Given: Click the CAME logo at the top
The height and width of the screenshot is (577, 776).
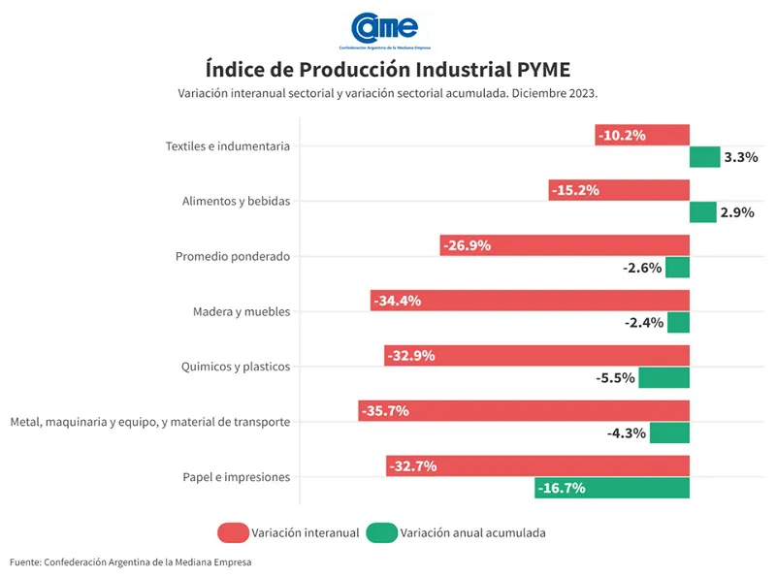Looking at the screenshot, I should point(385,29).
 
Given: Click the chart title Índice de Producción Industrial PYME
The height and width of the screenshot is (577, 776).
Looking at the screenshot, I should point(387,70).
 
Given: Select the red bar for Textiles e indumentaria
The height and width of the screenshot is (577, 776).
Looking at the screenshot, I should point(642,136).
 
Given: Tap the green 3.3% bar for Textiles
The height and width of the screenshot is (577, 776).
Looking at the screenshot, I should point(704,157).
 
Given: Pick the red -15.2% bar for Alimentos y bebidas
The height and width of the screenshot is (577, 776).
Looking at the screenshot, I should point(619,191).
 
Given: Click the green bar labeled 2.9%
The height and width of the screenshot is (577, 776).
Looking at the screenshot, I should point(702,212).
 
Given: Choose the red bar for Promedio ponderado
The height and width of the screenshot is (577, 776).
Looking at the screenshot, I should point(565,245).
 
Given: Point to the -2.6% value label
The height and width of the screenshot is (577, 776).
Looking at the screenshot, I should point(642,268).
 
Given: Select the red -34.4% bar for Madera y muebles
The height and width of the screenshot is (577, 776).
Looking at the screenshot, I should point(530,301).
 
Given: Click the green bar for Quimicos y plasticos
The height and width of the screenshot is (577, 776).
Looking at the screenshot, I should point(663,377).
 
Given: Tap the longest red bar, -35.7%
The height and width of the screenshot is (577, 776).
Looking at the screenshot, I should point(524,411).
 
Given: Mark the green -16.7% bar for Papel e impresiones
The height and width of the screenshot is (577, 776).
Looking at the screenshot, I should point(611,488).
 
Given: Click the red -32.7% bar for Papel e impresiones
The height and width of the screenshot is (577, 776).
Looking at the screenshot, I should point(537,466).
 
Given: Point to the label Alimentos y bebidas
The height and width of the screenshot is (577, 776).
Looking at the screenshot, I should point(236,202).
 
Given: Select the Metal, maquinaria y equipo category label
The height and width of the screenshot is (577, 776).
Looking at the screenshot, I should point(149,422).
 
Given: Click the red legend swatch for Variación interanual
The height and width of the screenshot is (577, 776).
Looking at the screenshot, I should point(233,532).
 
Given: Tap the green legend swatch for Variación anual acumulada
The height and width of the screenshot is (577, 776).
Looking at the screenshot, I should point(382,532).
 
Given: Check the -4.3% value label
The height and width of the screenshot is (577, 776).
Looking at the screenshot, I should point(627,433).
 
